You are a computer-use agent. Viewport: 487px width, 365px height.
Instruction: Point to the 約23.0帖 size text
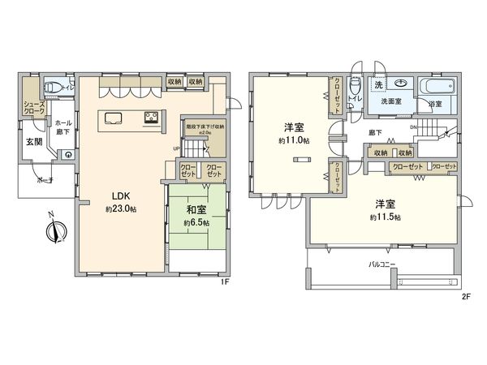[120, 209]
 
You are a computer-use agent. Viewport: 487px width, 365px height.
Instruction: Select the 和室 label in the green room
[196, 208]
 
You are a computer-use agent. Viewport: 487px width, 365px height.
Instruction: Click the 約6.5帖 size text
[196, 222]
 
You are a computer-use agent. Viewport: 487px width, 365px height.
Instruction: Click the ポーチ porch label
[45, 182]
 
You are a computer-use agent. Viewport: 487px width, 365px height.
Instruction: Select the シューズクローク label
[34, 108]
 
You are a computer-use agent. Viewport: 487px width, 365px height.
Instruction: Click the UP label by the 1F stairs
[176, 148]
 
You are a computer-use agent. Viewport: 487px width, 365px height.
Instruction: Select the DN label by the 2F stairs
[413, 127]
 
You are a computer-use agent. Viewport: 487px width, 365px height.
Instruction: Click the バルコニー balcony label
[381, 264]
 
